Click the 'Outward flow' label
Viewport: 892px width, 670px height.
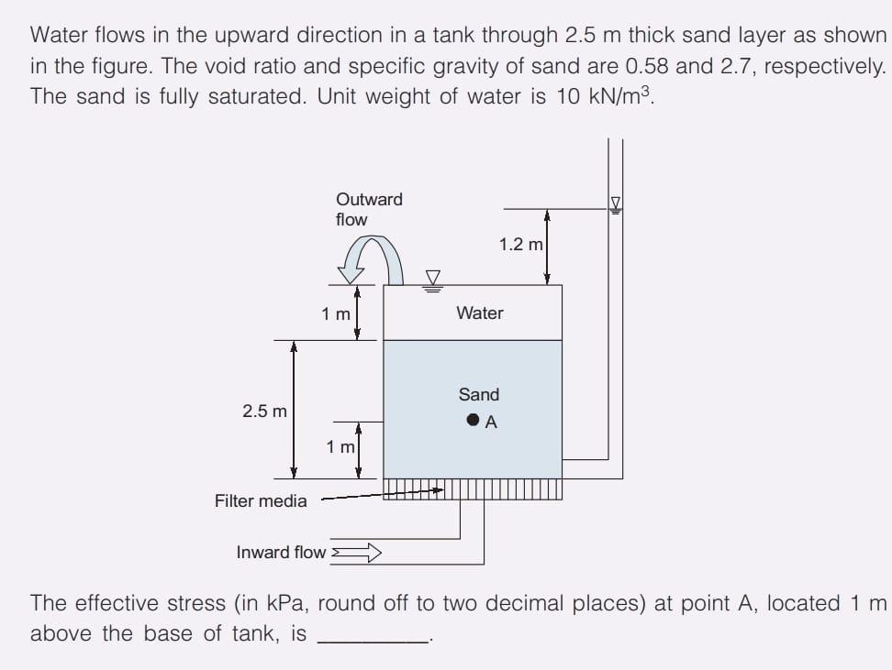(368, 209)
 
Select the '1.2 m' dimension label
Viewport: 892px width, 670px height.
(520, 245)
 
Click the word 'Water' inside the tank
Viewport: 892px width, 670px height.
(479, 313)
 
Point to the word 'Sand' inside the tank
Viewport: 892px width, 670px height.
(478, 395)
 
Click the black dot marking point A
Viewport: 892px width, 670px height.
(472, 421)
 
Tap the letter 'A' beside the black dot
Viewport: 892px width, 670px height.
(491, 423)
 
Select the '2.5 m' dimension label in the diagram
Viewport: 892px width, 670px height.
(264, 412)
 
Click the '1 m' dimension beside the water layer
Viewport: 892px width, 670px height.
(336, 313)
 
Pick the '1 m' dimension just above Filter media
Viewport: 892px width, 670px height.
(340, 447)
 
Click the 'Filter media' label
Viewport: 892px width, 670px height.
(261, 500)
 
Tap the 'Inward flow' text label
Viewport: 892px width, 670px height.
(281, 552)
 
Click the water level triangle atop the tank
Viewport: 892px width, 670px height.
(432, 279)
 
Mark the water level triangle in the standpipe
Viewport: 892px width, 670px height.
(616, 204)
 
